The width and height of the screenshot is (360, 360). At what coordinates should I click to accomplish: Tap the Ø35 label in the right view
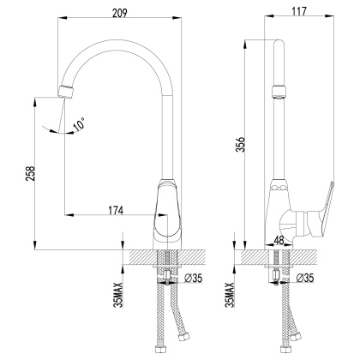tap(305, 279)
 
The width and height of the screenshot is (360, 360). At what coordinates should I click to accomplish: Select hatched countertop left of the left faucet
tap(137, 256)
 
